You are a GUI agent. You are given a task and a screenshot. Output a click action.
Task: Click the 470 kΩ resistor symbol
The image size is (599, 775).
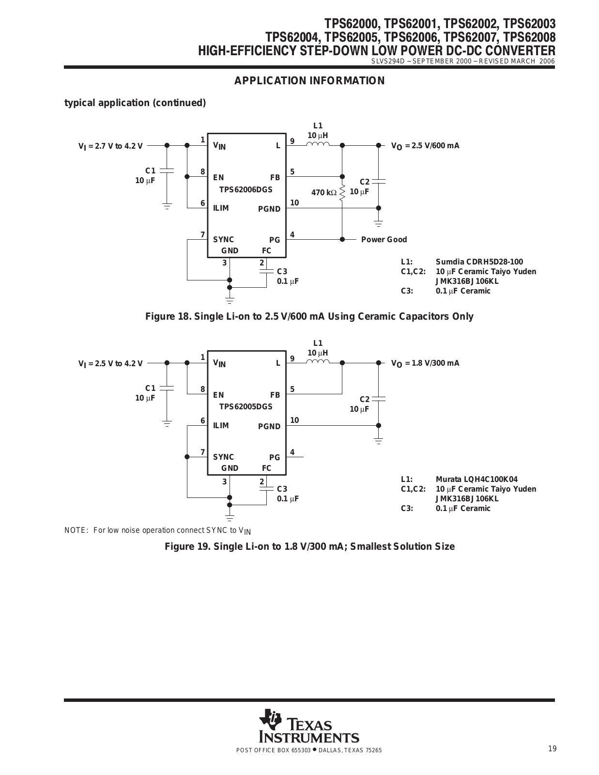coord(342,193)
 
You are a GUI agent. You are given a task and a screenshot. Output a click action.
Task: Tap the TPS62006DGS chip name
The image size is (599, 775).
coord(246,189)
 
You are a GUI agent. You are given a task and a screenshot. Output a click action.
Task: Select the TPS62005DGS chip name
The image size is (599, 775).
coord(246,406)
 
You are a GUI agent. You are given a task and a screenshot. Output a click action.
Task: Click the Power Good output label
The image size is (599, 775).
coord(384,239)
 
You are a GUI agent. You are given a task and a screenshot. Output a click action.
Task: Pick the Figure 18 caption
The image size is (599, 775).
coord(309,316)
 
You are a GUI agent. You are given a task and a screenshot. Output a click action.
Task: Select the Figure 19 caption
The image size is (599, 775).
coord(309,546)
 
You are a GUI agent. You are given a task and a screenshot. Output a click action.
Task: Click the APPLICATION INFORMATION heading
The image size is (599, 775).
coord(309,80)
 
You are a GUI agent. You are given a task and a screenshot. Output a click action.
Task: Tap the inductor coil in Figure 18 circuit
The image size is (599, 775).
coord(318,144)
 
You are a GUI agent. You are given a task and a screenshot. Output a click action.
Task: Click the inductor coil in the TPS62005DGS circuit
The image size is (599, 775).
coord(318,361)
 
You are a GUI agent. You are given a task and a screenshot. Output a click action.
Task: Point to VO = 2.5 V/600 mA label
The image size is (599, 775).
coord(425,146)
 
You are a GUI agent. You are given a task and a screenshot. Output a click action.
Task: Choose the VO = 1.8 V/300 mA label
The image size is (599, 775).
coord(425,363)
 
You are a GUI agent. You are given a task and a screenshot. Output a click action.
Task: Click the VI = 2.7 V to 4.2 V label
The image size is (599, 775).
coord(110,146)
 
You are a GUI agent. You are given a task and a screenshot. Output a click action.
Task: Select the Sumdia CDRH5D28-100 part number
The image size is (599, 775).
coord(479,262)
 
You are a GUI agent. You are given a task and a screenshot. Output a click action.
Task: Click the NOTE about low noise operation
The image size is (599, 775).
coord(157,531)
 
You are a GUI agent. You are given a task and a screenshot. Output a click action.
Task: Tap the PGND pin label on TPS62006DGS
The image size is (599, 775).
coord(269,209)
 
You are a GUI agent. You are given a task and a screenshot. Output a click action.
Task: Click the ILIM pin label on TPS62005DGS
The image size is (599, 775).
coord(221,425)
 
